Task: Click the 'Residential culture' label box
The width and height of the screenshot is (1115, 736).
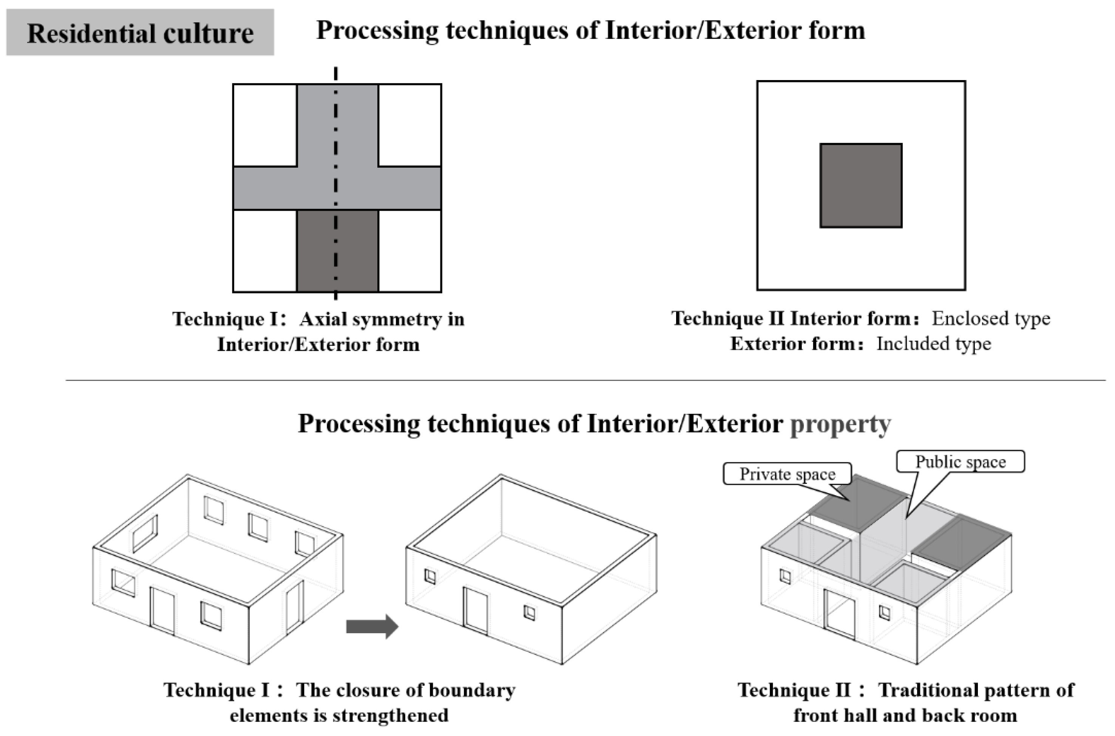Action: coord(140,33)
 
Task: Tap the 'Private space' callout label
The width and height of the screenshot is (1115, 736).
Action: coord(787,474)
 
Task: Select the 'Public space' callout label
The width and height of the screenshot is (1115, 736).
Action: coord(960,462)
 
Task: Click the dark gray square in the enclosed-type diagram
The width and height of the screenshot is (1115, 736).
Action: coord(860,186)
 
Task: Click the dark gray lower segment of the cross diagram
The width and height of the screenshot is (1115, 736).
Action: coord(337,251)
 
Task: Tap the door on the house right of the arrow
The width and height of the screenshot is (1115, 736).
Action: coord(475,610)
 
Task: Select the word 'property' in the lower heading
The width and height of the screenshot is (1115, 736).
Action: coord(840,424)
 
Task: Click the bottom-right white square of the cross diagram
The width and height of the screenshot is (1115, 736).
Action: coord(409,251)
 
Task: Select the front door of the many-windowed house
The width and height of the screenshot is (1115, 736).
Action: coord(162,611)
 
